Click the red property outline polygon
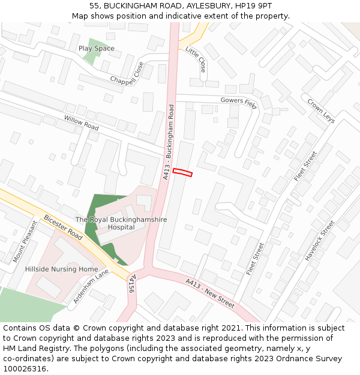[x=183, y=173]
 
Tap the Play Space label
[x=96, y=49]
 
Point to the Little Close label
[x=196, y=59]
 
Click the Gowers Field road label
[x=238, y=102]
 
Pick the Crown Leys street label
[x=321, y=111]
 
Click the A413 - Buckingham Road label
[x=168, y=142]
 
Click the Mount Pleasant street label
[x=25, y=241]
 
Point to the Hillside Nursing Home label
[x=61, y=269]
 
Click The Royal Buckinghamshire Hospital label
[x=121, y=224]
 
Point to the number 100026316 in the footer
[x=26, y=369]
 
